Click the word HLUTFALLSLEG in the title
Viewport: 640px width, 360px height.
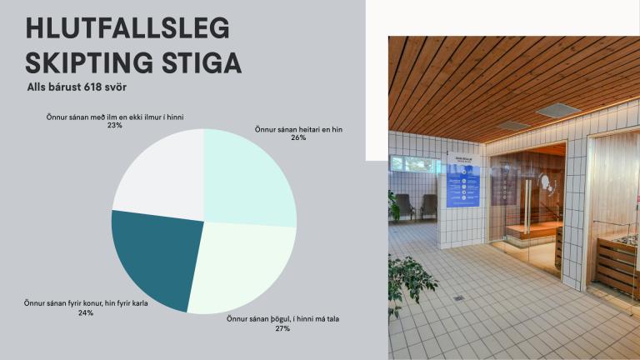coord(127,28)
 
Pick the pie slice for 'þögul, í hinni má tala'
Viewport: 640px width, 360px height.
coord(242,267)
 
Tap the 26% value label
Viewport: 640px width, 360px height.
coord(298,138)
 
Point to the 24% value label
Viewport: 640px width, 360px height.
coord(86,313)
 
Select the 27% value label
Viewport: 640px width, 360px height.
coord(282,328)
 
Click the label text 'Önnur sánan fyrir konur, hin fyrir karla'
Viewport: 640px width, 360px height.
coord(86,303)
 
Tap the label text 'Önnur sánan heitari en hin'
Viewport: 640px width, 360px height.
coord(298,129)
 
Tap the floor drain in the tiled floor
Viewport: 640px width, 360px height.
coord(457,297)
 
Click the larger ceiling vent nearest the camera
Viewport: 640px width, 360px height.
coord(557,110)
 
